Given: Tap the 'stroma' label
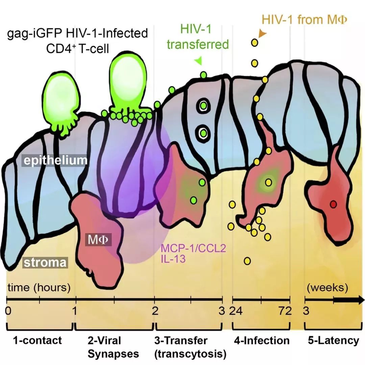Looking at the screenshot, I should tap(45, 262).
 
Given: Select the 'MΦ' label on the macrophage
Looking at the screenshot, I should tap(99, 240).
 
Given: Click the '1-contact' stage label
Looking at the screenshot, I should tap(38, 340).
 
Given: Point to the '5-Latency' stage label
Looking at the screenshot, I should tap(333, 340).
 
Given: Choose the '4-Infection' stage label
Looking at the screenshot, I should tap(262, 340).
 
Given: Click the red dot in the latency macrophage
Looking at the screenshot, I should tap(333, 204).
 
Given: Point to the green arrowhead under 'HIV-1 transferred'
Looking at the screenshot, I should tap(199, 60).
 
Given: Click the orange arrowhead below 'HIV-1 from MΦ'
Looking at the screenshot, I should tap(262, 33).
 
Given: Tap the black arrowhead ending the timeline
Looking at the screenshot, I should tap(359, 300).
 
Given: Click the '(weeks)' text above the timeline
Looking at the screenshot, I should tap(327, 288).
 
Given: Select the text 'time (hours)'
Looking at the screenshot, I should tap(39, 288).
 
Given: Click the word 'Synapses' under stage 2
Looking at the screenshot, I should tap(113, 354).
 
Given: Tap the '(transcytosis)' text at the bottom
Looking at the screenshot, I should tap(190, 354).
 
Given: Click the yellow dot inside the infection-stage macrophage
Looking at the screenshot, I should tap(269, 182).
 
